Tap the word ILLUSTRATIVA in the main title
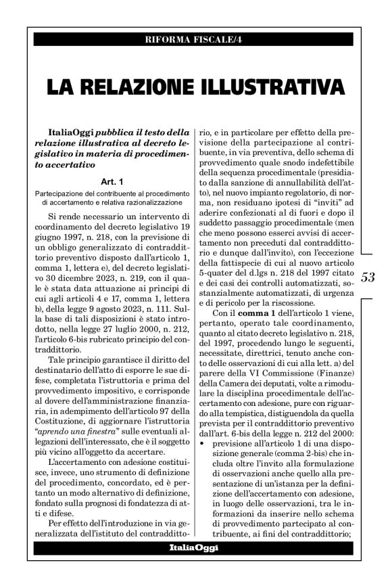[x=268, y=87]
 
